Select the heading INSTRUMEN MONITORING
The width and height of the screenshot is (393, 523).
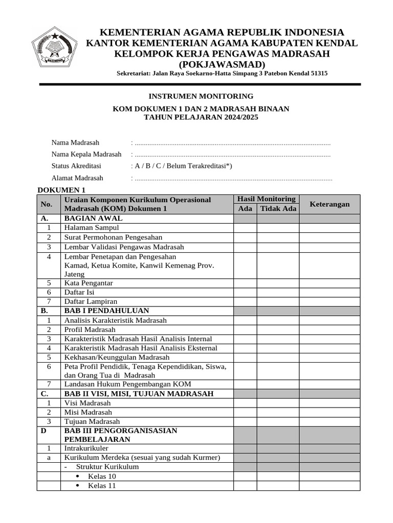point(201,96)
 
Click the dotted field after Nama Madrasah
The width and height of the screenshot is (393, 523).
point(231,143)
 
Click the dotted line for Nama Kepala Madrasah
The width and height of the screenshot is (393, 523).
point(231,155)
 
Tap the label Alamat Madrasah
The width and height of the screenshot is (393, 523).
point(77,178)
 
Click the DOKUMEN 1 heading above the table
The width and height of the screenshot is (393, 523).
point(59,190)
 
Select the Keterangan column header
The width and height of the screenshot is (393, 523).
point(330,204)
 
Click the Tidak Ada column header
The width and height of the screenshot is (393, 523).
point(278,209)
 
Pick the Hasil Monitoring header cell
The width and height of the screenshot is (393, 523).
point(266,199)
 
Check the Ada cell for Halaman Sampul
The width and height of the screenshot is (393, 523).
point(245,228)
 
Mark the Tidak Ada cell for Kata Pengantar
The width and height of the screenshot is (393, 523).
point(278,283)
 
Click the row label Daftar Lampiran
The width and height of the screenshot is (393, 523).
point(91,301)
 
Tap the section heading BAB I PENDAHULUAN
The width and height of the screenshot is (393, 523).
point(106,311)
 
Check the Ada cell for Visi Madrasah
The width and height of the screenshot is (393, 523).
point(245,402)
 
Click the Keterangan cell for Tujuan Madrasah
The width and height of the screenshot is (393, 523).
point(330,421)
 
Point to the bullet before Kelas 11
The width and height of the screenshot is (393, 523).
point(78,486)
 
